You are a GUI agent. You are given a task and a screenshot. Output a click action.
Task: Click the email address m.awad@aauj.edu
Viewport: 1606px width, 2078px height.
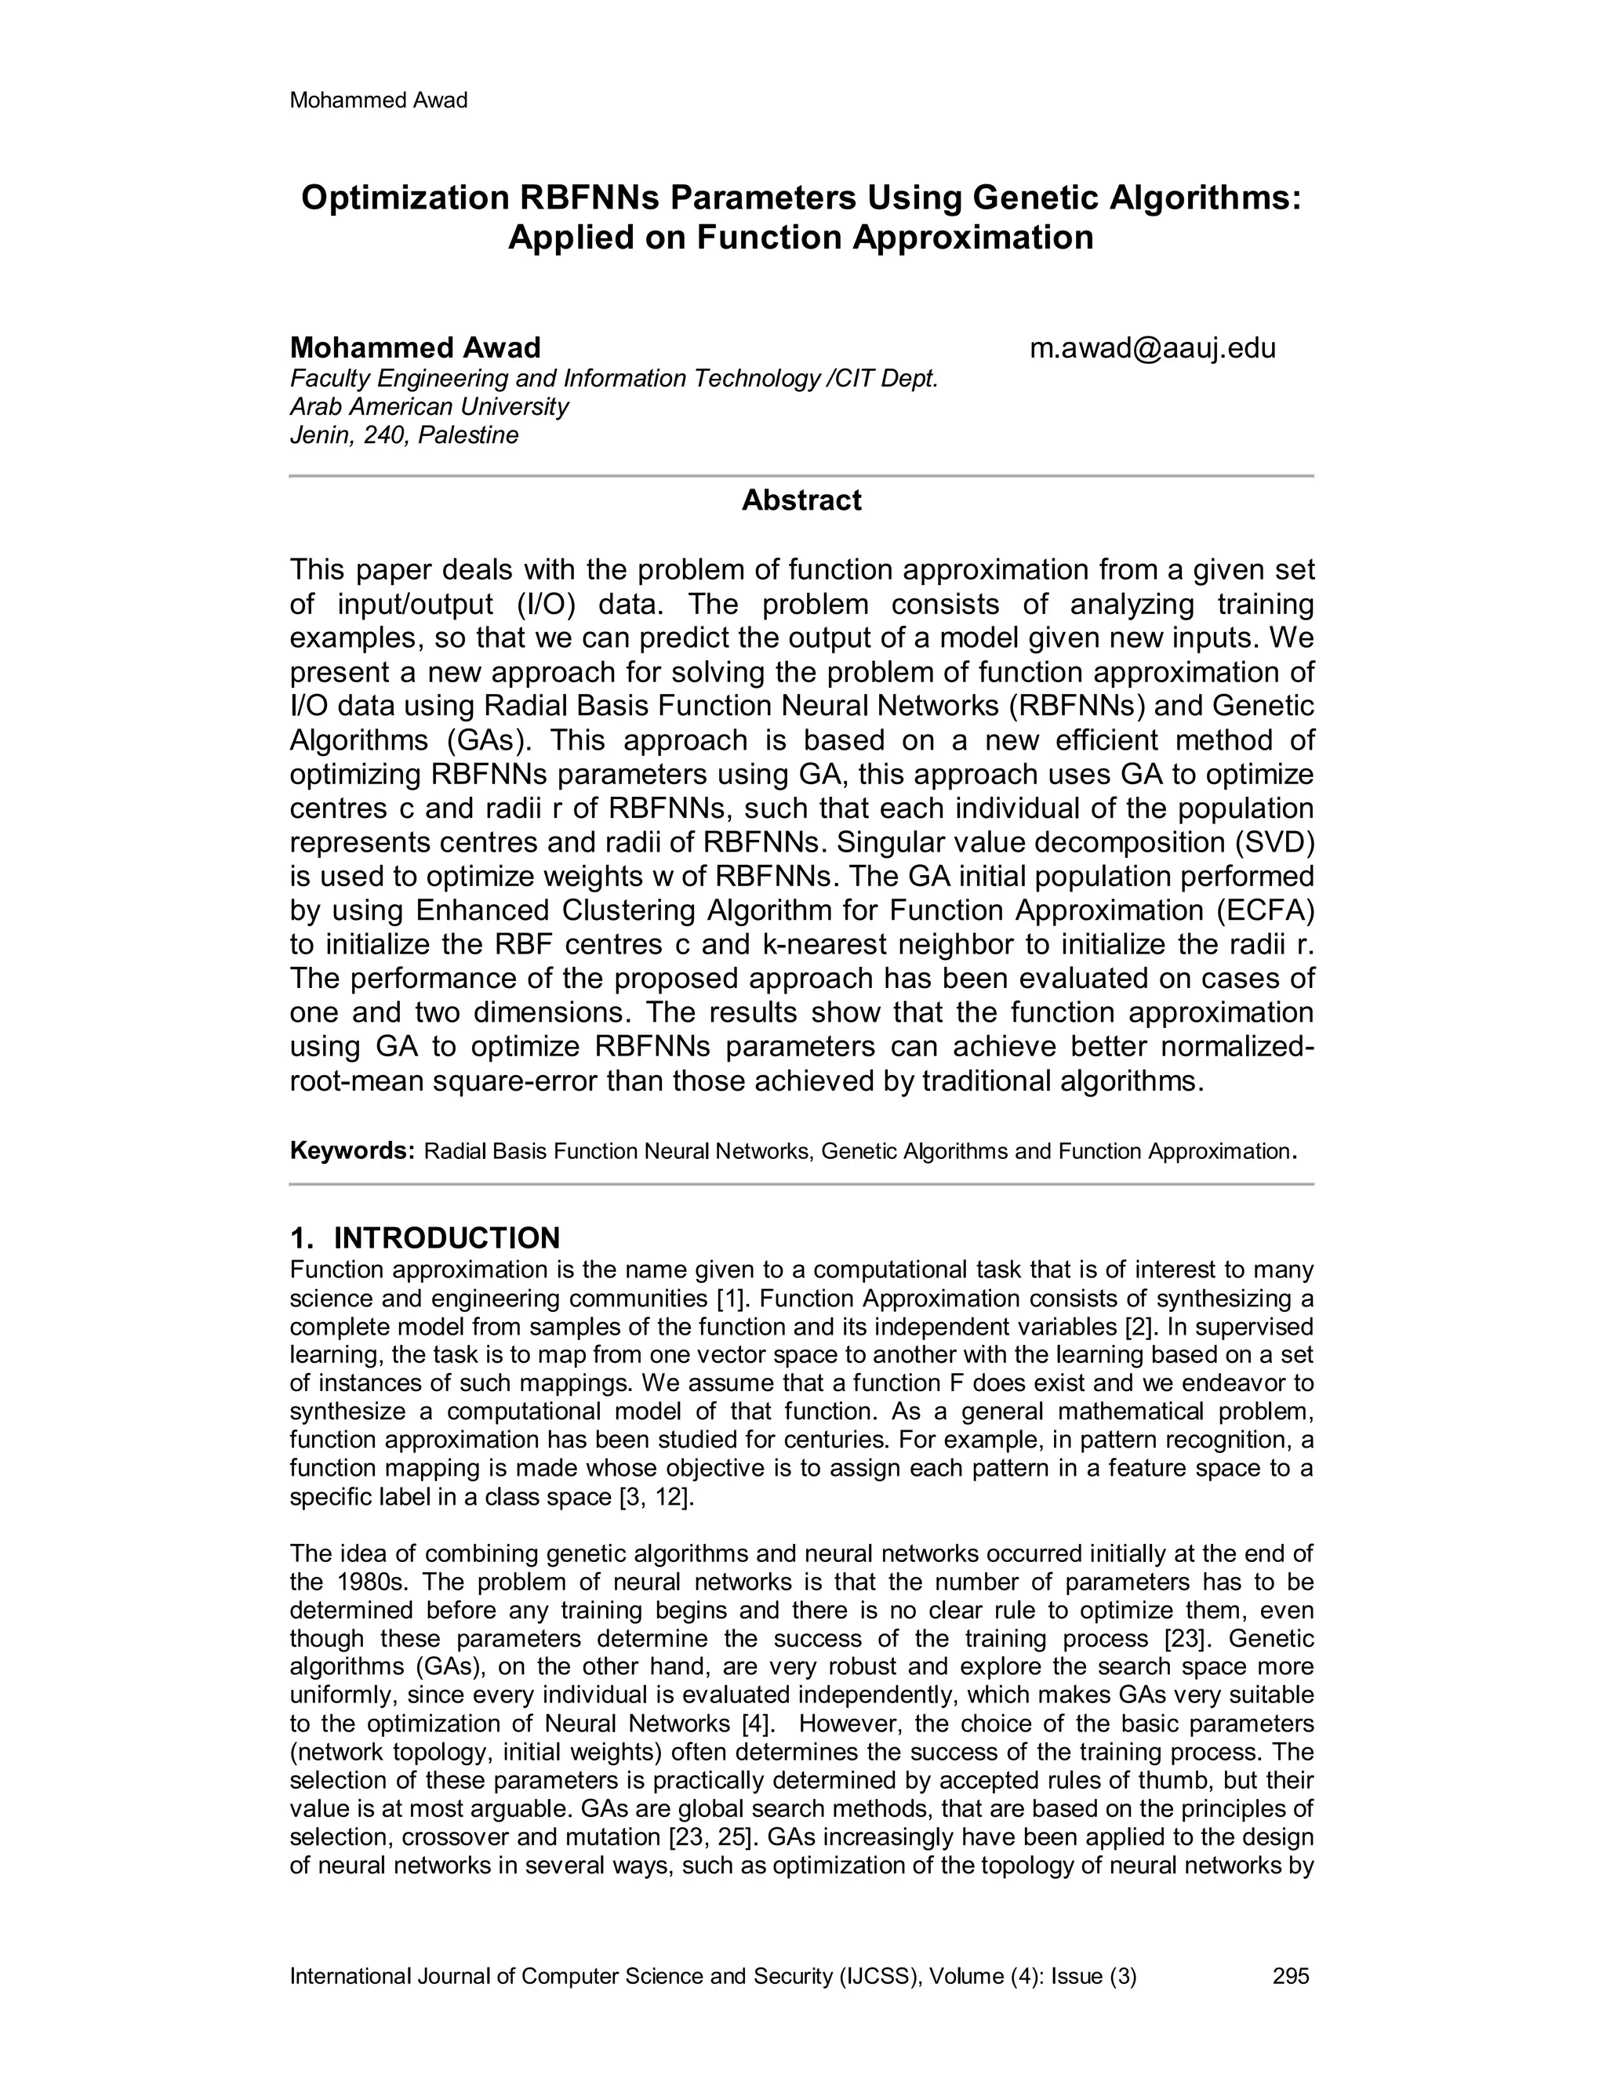1152,348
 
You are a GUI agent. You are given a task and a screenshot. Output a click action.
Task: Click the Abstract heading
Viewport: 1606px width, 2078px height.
801,500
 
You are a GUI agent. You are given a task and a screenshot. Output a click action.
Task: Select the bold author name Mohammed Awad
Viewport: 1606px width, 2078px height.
415,347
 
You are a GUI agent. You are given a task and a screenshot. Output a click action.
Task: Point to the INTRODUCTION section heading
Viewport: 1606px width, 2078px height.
446,1238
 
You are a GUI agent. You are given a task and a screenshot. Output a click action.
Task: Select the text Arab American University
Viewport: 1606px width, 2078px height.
429,407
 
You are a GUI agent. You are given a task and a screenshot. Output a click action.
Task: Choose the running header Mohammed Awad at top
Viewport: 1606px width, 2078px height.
378,101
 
